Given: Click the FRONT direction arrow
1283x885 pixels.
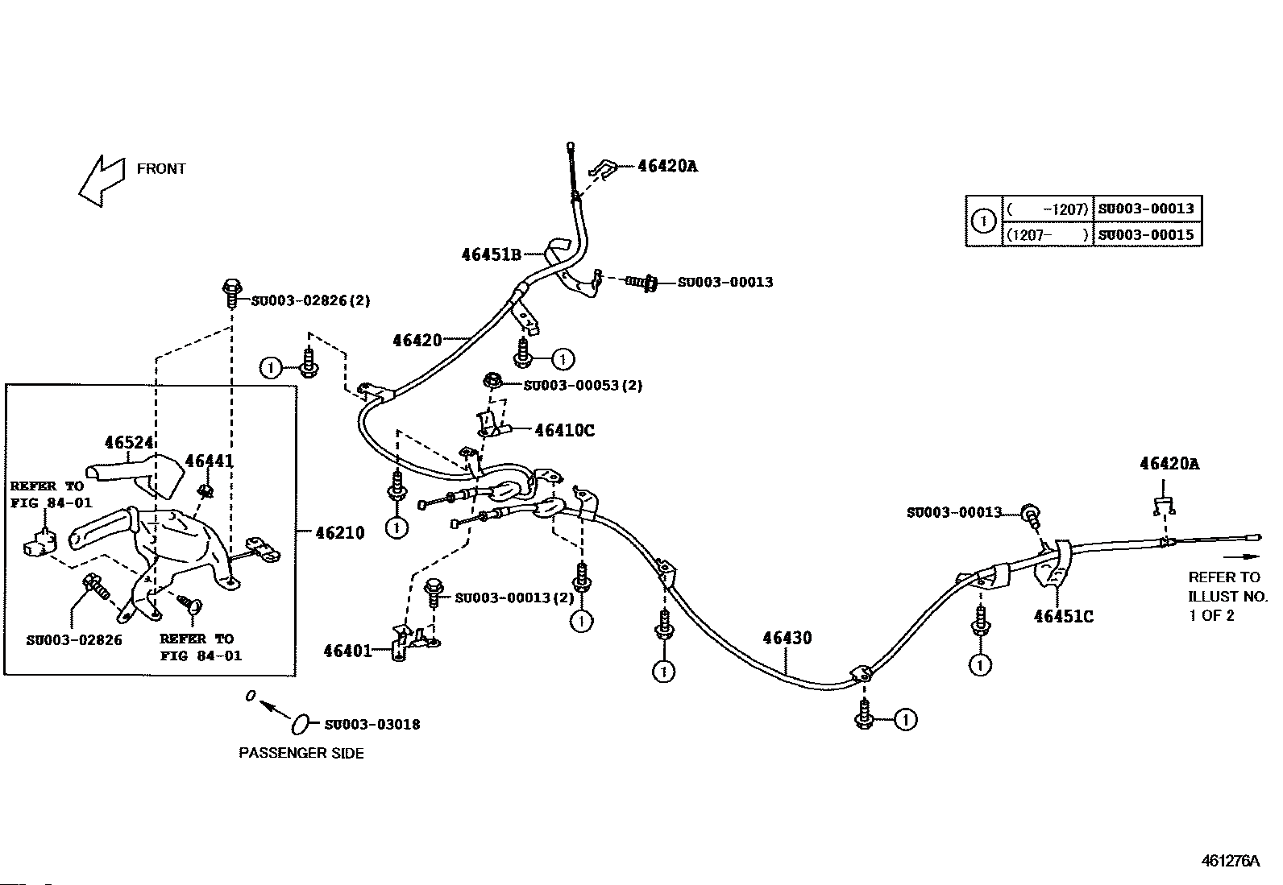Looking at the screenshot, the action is tap(102, 180).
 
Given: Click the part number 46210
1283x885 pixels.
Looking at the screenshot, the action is tap(340, 533).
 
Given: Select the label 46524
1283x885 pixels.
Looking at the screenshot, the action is tap(129, 443).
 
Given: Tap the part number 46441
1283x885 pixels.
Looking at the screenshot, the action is tap(209, 461).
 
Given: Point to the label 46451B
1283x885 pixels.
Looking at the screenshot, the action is tap(492, 254).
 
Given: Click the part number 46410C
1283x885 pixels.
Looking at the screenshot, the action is tap(565, 431).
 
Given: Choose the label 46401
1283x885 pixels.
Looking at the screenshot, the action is tap(347, 651).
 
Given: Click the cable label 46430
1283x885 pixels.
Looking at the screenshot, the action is tap(787, 639).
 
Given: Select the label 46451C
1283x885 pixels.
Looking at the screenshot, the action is tap(1064, 617).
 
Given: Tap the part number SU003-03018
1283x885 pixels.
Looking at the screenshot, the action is tap(372, 725).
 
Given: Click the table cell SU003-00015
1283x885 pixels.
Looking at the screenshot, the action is tap(1146, 234).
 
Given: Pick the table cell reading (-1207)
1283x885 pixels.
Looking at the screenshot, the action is tap(1048, 209).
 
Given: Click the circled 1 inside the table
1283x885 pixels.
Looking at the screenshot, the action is tap(984, 221).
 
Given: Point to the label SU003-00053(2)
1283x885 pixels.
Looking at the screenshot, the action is tap(583, 385).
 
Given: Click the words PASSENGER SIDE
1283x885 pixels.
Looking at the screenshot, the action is tap(301, 754).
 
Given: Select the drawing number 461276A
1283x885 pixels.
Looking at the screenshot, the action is tap(1231, 861).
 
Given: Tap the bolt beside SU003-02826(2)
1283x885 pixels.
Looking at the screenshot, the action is tap(231, 294).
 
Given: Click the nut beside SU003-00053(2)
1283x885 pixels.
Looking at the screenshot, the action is tap(492, 381).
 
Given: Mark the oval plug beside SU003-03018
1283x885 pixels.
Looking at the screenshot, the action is tap(300, 725).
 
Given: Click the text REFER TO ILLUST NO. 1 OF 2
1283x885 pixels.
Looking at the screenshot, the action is tap(1227, 596).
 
